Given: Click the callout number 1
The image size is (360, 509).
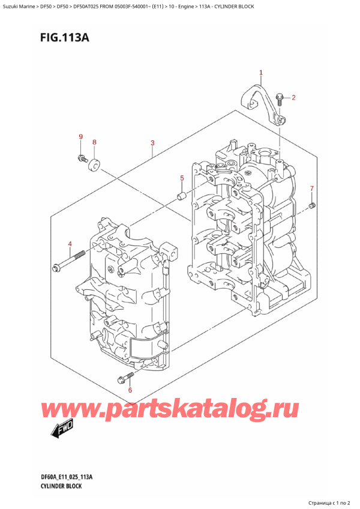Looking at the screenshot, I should pyautogui.click(x=261, y=73).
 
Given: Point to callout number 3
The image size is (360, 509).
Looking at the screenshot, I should pyautogui.click(x=153, y=143).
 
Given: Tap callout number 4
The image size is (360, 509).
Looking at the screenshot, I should pyautogui.click(x=70, y=244).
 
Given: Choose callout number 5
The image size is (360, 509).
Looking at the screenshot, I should pyautogui.click(x=182, y=178).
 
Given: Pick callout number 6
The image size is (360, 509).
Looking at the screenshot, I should pyautogui.click(x=129, y=390).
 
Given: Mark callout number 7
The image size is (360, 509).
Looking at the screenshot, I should pyautogui.click(x=311, y=189).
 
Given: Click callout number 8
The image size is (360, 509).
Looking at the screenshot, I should pyautogui.click(x=94, y=142).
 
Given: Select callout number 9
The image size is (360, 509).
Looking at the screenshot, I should pyautogui.click(x=80, y=137).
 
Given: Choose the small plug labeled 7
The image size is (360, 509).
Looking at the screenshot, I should pyautogui.click(x=312, y=206).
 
